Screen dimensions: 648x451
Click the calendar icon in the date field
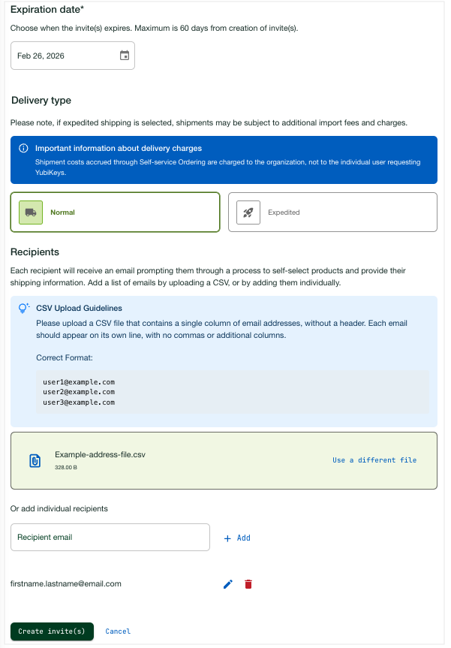coord(125,56)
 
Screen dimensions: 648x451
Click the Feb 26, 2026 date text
coord(41,56)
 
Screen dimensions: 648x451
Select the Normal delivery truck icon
coord(31,212)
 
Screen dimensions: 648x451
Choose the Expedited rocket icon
coord(248,212)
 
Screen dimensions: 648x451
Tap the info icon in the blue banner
coord(23,149)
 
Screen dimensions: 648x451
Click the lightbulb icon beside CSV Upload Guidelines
coord(24,308)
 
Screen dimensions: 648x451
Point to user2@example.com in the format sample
coord(78,392)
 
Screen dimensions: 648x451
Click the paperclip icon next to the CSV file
coord(35,460)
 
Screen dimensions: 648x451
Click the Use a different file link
coord(374,460)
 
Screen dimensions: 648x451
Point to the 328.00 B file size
coord(66,468)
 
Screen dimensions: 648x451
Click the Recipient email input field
coord(110,538)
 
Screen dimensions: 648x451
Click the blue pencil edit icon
coord(228,584)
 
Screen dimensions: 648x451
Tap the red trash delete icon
coord(248,584)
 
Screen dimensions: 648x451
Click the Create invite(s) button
coord(52,631)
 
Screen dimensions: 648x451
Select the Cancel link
coord(118,631)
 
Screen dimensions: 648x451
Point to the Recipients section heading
coord(35,252)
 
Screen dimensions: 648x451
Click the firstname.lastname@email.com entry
coord(66,583)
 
